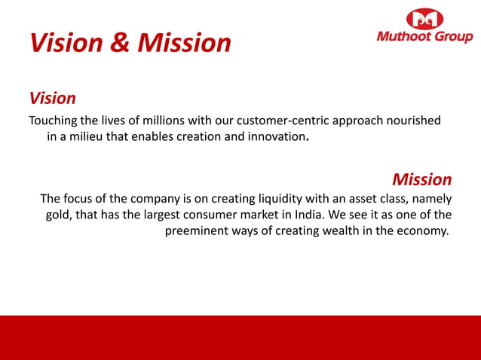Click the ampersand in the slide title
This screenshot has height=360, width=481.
click(121, 42)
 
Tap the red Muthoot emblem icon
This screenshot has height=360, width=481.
click(425, 19)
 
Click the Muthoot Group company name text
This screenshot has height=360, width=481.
click(425, 37)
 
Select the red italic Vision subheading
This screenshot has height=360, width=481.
click(52, 98)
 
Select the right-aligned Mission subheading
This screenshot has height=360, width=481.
click(421, 179)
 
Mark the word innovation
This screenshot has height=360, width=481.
click(278, 138)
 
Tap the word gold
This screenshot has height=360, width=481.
click(58, 215)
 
